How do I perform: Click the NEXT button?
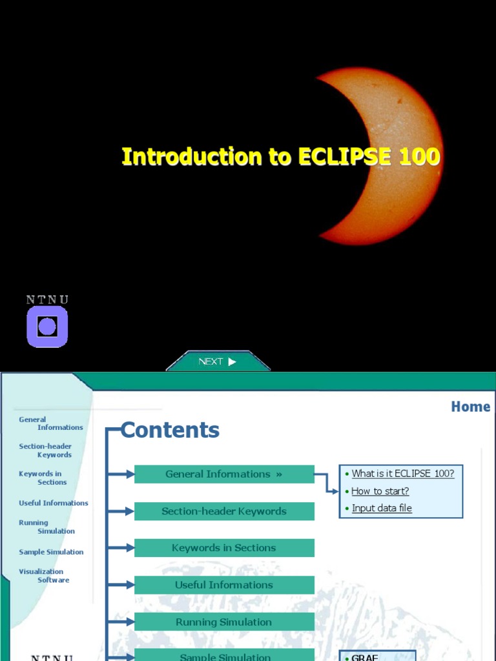click(218, 361)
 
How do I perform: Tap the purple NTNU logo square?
click(47, 327)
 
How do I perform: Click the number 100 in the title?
click(419, 157)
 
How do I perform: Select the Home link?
click(470, 407)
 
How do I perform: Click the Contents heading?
click(170, 431)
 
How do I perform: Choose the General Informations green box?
click(224, 474)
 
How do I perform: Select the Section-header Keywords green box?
click(224, 511)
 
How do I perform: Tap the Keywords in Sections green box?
click(224, 548)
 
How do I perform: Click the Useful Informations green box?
click(224, 585)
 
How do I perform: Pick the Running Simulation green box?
click(224, 622)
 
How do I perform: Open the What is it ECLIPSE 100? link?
click(402, 474)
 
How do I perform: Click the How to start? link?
click(380, 491)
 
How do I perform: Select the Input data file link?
click(381, 508)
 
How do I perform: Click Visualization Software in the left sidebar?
click(44, 576)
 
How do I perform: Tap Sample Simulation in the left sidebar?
click(51, 552)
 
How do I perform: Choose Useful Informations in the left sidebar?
click(54, 503)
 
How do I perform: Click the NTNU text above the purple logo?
click(47, 300)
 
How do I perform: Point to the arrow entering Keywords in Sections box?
click(122, 548)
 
